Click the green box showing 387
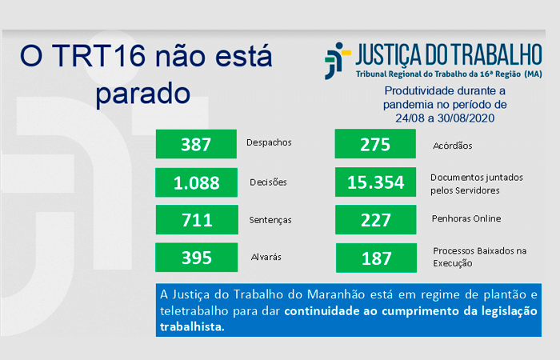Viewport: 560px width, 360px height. coord(196,144)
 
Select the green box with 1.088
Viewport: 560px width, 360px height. coord(197,182)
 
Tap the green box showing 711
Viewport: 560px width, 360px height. coord(197,220)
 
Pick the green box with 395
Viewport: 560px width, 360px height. coord(197,257)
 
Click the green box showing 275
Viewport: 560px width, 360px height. coord(375,143)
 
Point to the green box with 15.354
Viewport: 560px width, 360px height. coord(376,182)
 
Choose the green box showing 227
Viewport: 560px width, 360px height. coord(376,220)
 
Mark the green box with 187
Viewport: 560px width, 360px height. coord(377,258)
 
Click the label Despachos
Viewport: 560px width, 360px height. coord(269,142)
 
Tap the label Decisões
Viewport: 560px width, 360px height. coord(268,182)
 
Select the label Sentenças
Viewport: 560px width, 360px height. coord(270,220)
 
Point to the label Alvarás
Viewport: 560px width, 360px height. coord(266,257)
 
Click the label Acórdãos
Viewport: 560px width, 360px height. coord(453,146)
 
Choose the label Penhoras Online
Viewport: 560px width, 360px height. coord(466,218)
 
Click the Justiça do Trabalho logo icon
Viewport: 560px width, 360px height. coord(337,61)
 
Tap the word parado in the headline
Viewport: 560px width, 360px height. coord(143,94)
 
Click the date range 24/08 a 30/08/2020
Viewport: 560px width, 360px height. coord(445,118)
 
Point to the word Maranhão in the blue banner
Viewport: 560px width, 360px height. coord(336,294)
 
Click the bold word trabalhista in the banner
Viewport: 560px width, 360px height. coord(192,326)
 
